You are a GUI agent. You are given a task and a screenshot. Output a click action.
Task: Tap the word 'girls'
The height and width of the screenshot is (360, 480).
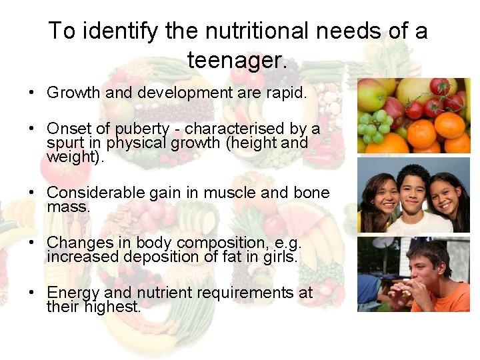click(279, 257)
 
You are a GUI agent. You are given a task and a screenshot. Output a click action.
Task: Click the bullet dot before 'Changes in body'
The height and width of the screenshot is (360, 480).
click(32, 243)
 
